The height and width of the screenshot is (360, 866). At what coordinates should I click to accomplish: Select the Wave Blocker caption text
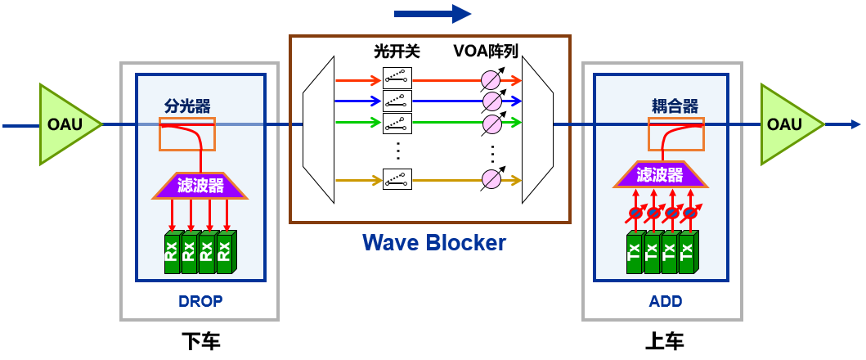(x=434, y=242)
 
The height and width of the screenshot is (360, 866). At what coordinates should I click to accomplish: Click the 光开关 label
(x=397, y=52)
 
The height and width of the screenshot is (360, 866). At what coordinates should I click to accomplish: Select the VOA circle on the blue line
(x=491, y=101)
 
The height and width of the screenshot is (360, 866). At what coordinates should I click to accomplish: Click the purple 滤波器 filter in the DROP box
(x=200, y=186)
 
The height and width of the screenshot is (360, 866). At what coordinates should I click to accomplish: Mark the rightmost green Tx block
(x=688, y=253)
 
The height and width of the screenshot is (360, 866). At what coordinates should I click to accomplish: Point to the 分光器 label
(x=187, y=106)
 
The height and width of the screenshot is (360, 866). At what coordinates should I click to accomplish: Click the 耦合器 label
(x=675, y=106)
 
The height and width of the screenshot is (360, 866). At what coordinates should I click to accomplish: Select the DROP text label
(x=200, y=301)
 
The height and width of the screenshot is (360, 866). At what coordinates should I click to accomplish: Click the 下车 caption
(x=200, y=340)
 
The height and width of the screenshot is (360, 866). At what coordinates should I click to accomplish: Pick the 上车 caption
(x=665, y=340)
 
